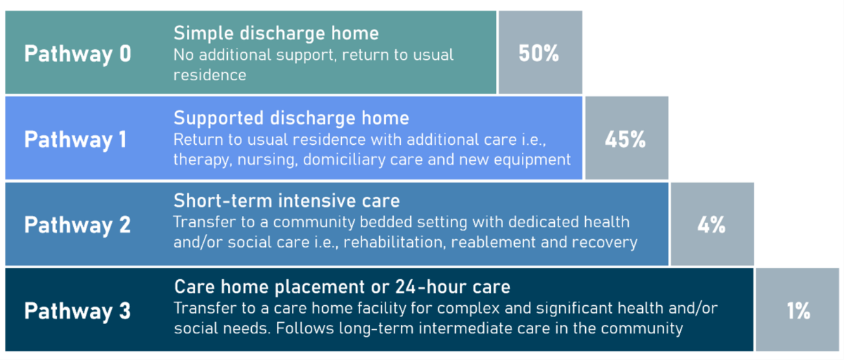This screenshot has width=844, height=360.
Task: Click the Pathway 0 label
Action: [x=77, y=54]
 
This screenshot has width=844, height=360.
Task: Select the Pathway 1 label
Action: [x=75, y=140]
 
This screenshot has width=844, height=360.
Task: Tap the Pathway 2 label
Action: [x=77, y=225]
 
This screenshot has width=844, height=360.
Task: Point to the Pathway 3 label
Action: [x=77, y=311]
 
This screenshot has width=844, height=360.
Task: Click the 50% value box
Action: [x=540, y=52]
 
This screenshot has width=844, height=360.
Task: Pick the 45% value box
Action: [x=627, y=138]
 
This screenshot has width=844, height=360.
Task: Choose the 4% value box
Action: [x=712, y=224]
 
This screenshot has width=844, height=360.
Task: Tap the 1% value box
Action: [x=798, y=309]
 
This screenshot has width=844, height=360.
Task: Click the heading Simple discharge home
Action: [x=276, y=33]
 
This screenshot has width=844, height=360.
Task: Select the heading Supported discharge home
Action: [x=291, y=118]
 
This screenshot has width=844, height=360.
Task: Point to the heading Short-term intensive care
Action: [x=287, y=200]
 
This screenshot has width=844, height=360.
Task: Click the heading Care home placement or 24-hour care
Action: [x=342, y=287]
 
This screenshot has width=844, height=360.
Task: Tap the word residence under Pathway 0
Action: [x=210, y=75]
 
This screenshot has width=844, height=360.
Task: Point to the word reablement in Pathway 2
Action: [x=493, y=242]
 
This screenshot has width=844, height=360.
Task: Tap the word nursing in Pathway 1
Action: [x=267, y=160]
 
